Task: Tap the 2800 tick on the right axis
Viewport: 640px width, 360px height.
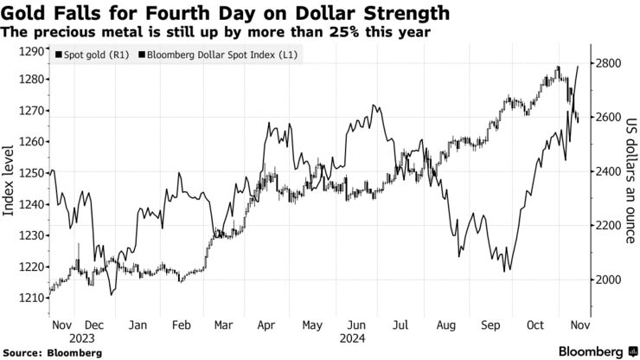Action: [610, 63]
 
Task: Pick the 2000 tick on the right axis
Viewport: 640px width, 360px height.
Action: [610, 280]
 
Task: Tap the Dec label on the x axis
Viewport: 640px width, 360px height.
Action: [94, 325]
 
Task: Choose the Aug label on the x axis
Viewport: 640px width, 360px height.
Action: [446, 325]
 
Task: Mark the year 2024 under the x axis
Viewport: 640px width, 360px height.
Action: [351, 338]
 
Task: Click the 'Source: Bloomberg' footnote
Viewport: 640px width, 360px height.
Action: [53, 353]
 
